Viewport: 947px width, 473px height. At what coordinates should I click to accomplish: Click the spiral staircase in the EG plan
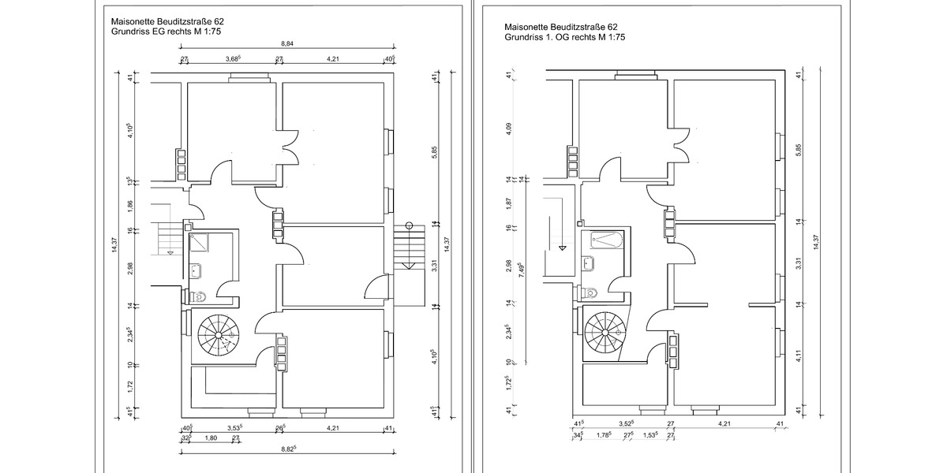coord(217,336)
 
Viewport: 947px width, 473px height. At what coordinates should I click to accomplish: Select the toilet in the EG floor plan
coord(197,296)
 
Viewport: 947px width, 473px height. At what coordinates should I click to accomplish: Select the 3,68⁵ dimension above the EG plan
coord(233,58)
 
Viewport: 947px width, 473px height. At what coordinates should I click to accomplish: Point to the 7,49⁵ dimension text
coord(520,270)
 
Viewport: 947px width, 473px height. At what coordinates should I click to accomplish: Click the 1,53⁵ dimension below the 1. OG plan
coord(651,435)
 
